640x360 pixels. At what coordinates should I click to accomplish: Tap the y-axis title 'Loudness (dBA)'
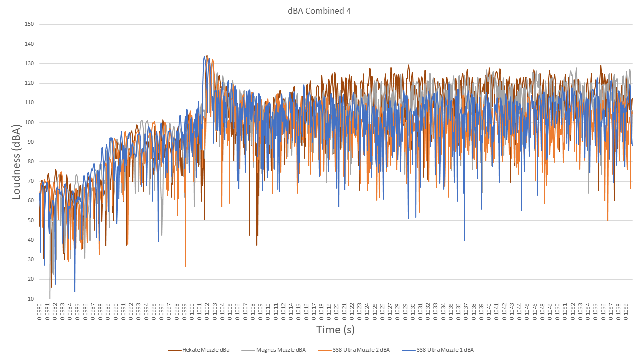[x=16, y=161]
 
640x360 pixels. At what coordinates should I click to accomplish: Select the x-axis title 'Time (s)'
[x=335, y=330]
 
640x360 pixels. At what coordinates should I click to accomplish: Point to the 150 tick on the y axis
[x=29, y=24]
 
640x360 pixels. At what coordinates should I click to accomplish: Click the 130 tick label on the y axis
[x=29, y=64]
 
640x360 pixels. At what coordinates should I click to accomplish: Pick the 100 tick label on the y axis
[x=29, y=123]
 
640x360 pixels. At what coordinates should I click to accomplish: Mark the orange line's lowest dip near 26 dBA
[x=186, y=267]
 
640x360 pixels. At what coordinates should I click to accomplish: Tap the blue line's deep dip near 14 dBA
[x=75, y=291]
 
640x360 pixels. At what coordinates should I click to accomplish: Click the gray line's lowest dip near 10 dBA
[x=50, y=298]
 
